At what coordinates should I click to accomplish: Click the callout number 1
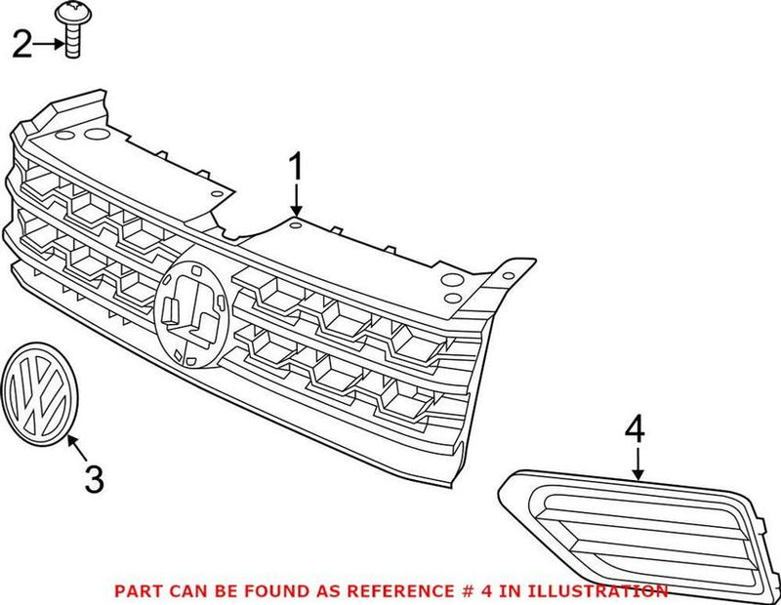click(295, 168)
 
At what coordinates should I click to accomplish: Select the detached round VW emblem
click(37, 393)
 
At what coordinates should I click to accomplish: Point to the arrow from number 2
click(49, 44)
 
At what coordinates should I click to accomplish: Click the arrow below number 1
click(295, 202)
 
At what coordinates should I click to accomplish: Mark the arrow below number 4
click(639, 463)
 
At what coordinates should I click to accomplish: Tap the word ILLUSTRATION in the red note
click(600, 591)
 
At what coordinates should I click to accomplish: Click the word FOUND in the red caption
click(246, 591)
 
